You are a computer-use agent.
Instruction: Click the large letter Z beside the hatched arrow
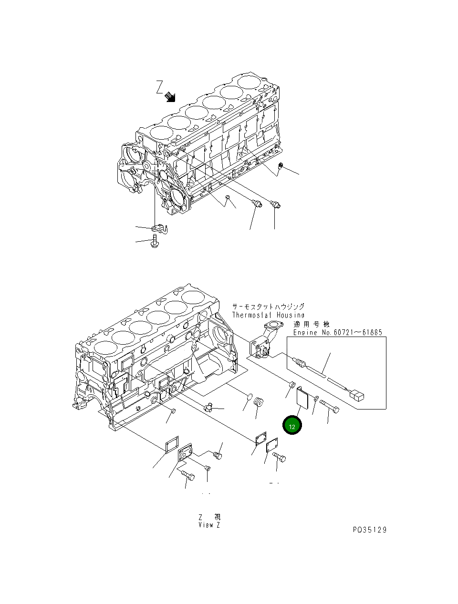[159, 87]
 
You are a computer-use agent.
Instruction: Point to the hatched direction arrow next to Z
[170, 97]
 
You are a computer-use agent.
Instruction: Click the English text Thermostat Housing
[268, 315]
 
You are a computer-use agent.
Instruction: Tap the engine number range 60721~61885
[358, 332]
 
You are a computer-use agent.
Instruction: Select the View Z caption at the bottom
[209, 525]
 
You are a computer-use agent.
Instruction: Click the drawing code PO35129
[370, 530]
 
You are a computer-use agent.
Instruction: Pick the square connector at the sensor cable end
[357, 397]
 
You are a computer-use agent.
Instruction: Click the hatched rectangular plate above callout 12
[302, 396]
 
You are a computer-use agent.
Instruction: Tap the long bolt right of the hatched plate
[329, 406]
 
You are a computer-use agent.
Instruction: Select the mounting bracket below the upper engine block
[160, 229]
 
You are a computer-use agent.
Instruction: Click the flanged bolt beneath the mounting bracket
[155, 242]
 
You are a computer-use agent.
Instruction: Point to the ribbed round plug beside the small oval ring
[259, 401]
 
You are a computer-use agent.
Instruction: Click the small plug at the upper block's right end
[281, 165]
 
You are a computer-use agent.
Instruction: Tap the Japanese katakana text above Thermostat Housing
[268, 306]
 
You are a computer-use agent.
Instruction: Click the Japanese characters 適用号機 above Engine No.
[311, 324]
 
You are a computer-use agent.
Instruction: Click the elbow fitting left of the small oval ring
[209, 407]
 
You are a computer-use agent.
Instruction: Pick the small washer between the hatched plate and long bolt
[316, 398]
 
